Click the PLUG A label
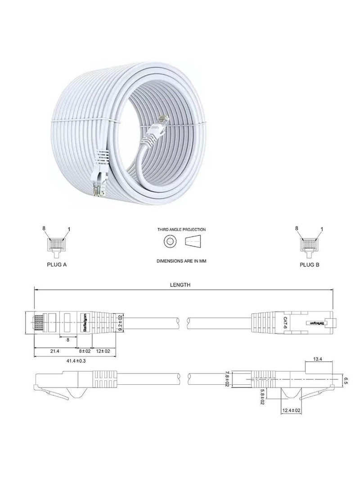pos(57,265)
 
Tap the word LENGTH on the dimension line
pos(180,284)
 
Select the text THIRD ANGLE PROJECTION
pos(181,230)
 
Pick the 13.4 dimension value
pos(318,359)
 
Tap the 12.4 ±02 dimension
pos(292,410)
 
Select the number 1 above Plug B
pos(322,229)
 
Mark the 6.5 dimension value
pos(346,380)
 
